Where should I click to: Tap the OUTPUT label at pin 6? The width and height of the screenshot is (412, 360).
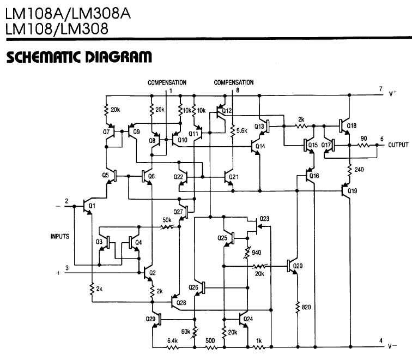tap(399, 146)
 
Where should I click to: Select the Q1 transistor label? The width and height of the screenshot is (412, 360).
tap(92, 206)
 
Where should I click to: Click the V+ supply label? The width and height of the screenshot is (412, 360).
tap(394, 94)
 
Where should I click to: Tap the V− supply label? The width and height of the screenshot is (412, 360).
tap(393, 345)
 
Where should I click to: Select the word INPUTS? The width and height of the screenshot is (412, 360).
tap(60, 236)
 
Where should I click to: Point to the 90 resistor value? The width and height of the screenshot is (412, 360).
tap(363, 139)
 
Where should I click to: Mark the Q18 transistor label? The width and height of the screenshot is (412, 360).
tap(352, 126)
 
